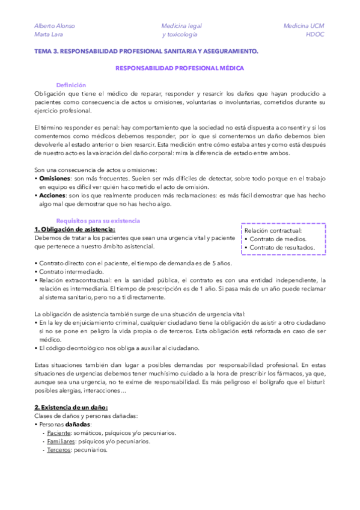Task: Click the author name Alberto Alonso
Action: click(x=55, y=26)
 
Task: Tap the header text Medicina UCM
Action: click(x=304, y=26)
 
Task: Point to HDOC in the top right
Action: click(x=314, y=35)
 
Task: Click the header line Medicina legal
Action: click(x=182, y=26)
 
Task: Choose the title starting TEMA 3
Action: click(x=146, y=52)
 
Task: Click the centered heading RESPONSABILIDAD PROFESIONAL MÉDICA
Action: click(x=180, y=69)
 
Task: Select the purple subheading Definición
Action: click(x=71, y=85)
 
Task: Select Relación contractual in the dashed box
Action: click(x=273, y=230)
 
